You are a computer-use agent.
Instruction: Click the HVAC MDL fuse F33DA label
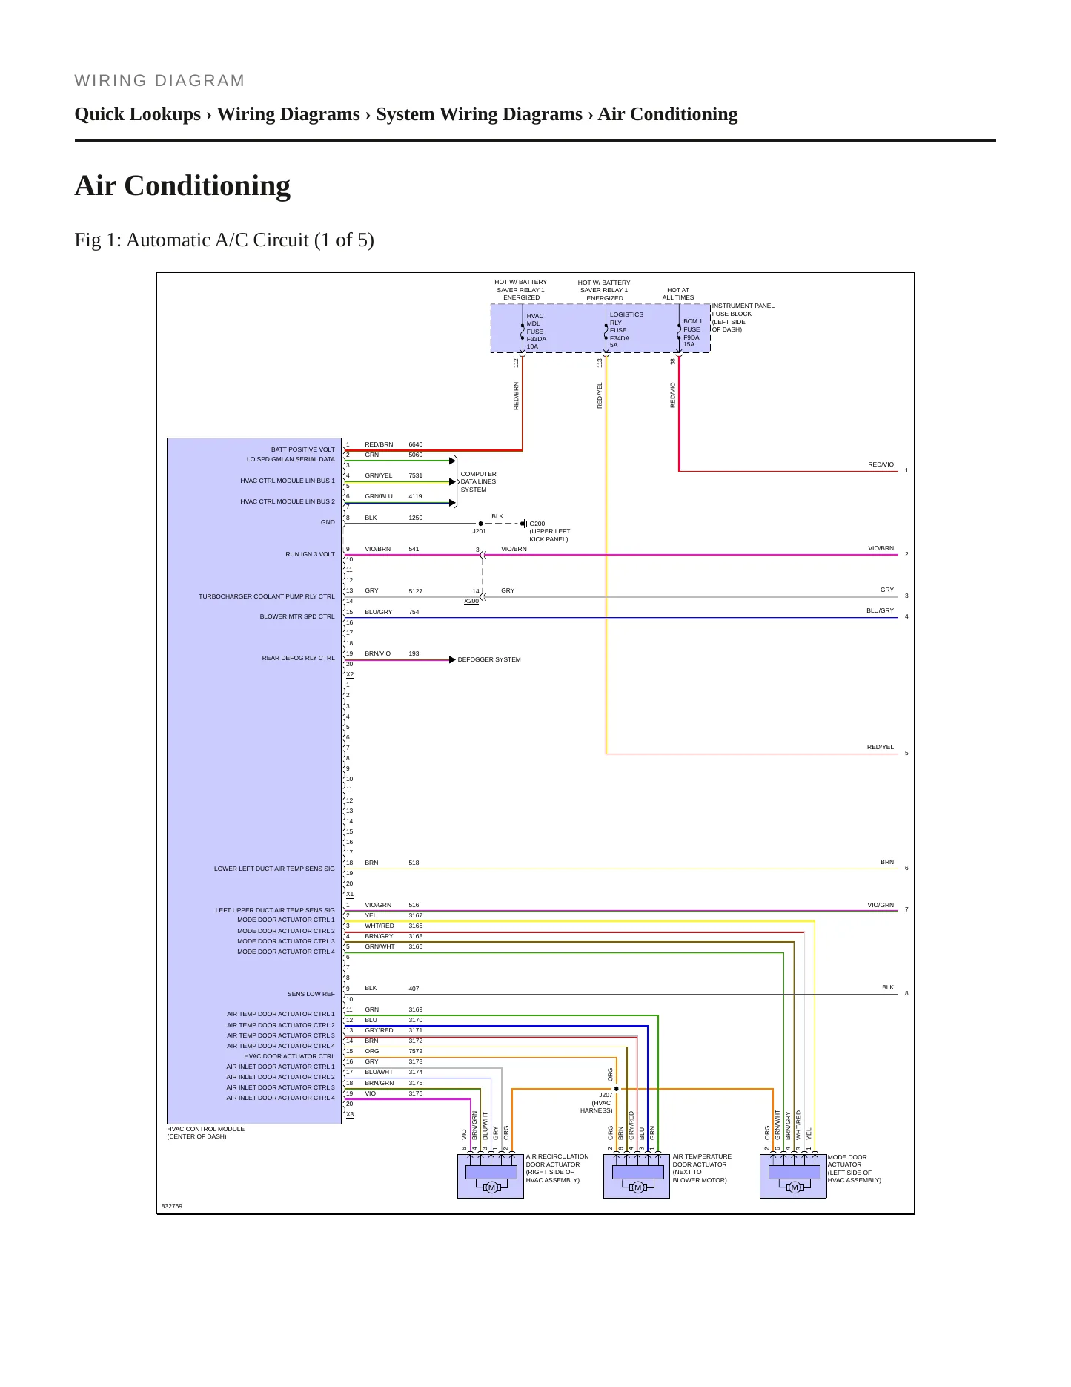pyautogui.click(x=536, y=331)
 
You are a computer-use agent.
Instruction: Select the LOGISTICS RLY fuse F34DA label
pyautogui.click(x=626, y=329)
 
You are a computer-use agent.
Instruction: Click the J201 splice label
pyautogui.click(x=480, y=531)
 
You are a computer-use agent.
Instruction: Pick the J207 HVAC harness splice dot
pyautogui.click(x=616, y=1089)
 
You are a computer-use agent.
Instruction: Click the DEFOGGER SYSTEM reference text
pyautogui.click(x=489, y=659)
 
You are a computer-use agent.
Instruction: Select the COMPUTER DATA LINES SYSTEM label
pyautogui.click(x=478, y=481)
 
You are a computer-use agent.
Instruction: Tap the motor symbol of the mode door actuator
pyautogui.click(x=795, y=1187)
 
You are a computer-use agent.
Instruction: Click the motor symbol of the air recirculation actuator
pyautogui.click(x=491, y=1187)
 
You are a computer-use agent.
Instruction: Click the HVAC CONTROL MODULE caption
pyautogui.click(x=205, y=1133)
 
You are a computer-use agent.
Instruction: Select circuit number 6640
pyautogui.click(x=415, y=444)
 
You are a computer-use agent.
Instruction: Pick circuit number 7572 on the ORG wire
pyautogui.click(x=415, y=1051)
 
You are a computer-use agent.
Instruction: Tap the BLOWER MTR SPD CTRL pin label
pyautogui.click(x=297, y=616)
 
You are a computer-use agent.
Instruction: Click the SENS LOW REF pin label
pyautogui.click(x=311, y=994)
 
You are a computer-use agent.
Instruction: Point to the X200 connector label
pyautogui.click(x=471, y=601)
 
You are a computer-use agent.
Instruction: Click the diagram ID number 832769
pyautogui.click(x=172, y=1206)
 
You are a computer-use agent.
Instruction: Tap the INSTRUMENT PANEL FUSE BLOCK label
pyautogui.click(x=743, y=317)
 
